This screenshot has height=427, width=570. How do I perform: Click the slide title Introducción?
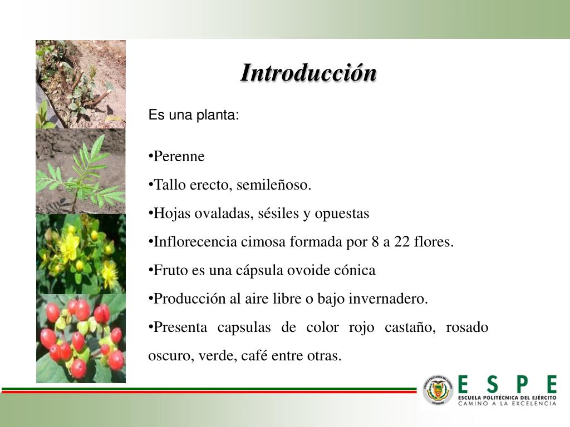pos(308,73)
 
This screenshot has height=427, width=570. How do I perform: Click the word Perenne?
pos(179,156)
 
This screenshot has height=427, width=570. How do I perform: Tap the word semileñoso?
pos(274,185)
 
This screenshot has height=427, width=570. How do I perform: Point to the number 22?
pos(402,241)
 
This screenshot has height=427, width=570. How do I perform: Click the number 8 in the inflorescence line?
pos(375,241)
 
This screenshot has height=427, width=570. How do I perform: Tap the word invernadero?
pos(388,299)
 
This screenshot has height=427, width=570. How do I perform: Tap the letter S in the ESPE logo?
pos(492,384)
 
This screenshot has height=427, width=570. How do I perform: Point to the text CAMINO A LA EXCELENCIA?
pos(507,404)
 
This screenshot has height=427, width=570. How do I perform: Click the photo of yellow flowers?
pos(81,254)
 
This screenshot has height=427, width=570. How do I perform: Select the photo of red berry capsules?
pos(81,339)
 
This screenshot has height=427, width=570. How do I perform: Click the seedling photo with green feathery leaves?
pos(81,171)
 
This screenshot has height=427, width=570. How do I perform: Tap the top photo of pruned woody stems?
pos(81,85)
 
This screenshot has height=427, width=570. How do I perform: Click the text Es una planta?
pos(194,115)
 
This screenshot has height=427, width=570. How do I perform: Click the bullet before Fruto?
pos(150,270)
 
